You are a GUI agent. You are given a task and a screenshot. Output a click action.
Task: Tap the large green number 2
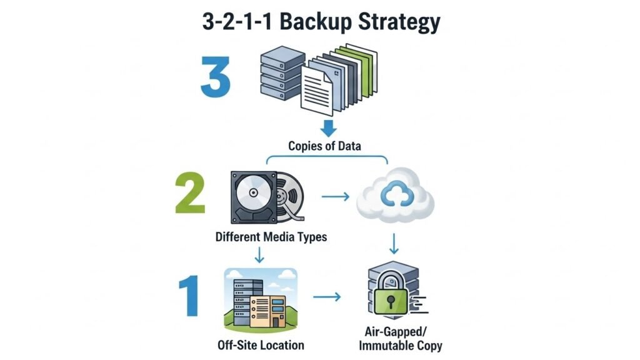tap(191, 194)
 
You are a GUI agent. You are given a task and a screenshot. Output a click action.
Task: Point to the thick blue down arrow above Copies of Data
tap(328, 127)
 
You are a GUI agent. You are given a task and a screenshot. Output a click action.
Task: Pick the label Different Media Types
tap(271, 237)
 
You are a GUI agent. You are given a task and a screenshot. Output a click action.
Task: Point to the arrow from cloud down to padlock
tap(394, 242)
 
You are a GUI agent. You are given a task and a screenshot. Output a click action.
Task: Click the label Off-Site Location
tap(261, 344)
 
